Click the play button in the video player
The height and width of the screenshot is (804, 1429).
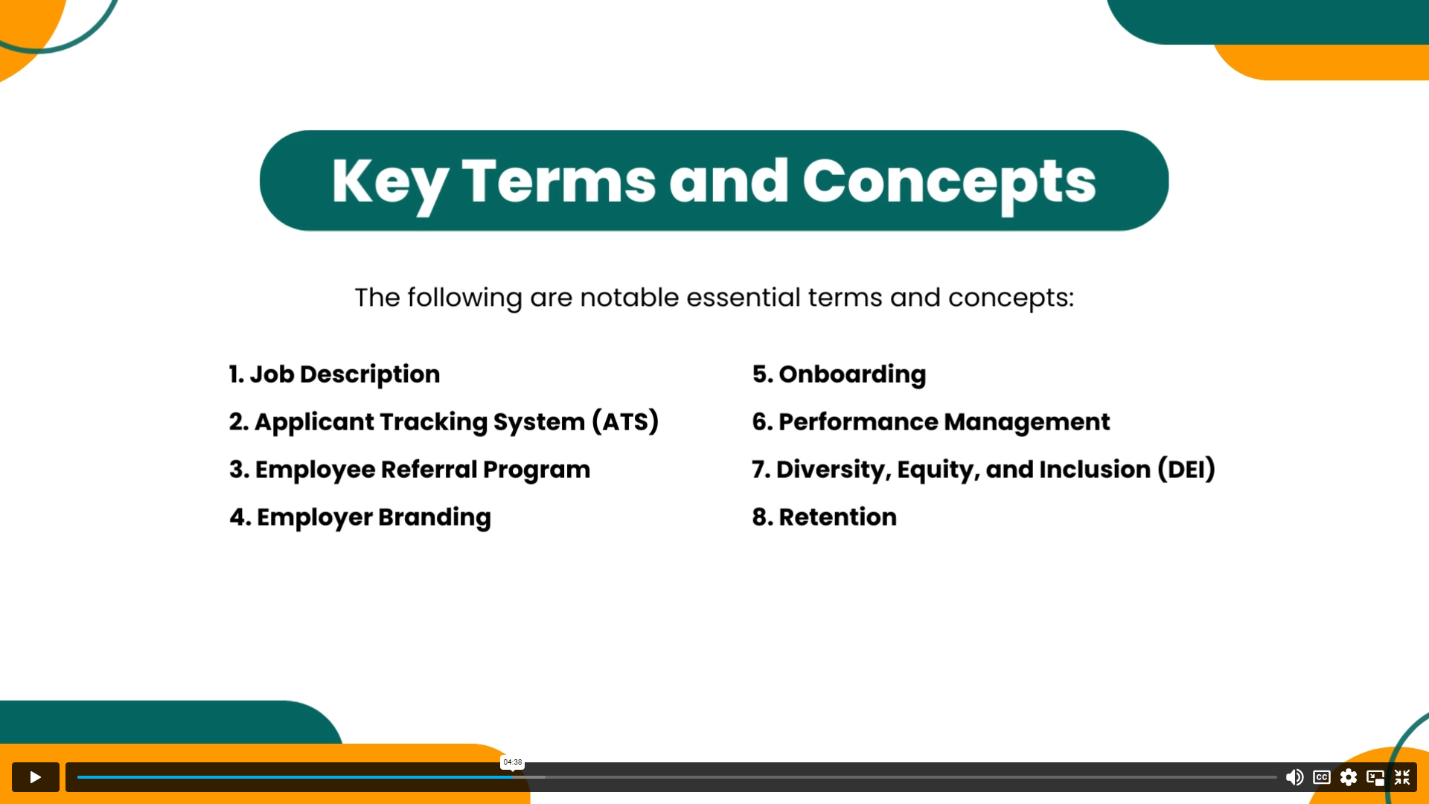tap(35, 777)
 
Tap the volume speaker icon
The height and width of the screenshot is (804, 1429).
tap(1294, 777)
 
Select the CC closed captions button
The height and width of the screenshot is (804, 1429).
tap(1322, 777)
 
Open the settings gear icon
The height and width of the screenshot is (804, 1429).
tap(1349, 777)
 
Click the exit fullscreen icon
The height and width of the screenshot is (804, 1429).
tap(1402, 777)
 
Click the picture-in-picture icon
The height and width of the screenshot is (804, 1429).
tap(1375, 778)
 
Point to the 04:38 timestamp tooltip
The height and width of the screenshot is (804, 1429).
tap(512, 762)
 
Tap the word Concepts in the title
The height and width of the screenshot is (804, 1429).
tap(949, 182)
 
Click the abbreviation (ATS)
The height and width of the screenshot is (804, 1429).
tap(625, 421)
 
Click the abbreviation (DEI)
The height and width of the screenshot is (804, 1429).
tap(1186, 469)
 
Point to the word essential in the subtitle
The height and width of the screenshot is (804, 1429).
tap(744, 297)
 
